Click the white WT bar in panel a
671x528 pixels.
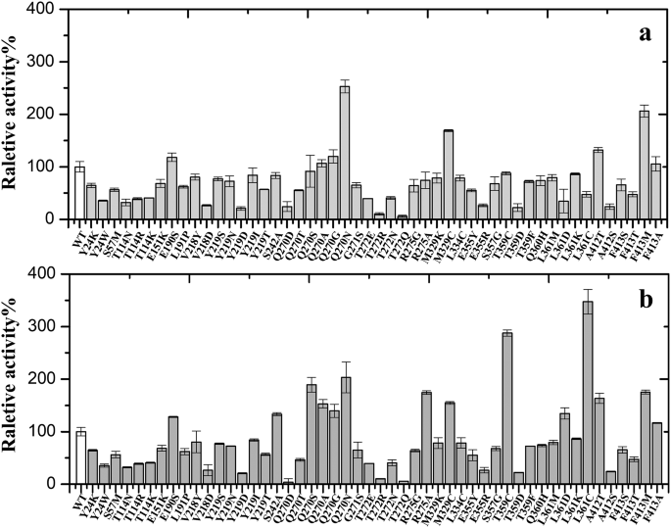[x=79, y=193]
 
